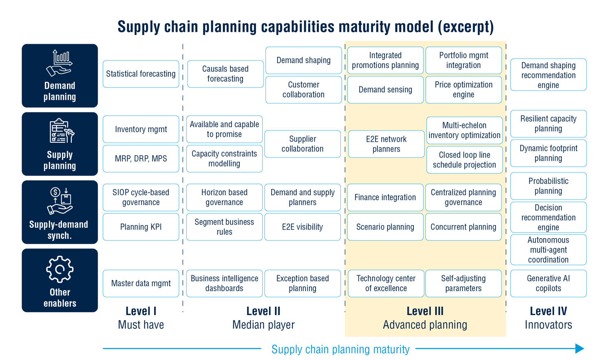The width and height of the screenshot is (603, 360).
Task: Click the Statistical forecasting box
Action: coord(141,74)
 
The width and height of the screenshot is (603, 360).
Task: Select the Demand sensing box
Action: coord(385,90)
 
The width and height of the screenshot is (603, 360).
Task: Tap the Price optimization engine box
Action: coord(464,90)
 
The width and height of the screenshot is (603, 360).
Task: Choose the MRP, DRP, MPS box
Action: coord(141,159)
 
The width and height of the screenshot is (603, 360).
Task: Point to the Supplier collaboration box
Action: coord(303,144)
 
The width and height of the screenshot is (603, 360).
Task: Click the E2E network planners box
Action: coord(386,144)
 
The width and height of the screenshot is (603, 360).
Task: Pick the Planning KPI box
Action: coord(141,227)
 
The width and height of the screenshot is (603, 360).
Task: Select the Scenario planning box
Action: coord(385,227)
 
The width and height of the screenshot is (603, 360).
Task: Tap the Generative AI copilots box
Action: coord(548,283)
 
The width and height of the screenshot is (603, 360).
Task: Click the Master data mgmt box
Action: coord(141,283)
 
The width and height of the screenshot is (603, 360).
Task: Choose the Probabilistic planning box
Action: coord(548,186)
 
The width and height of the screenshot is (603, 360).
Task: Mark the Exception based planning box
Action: coord(303,283)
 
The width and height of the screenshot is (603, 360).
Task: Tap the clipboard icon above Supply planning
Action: coord(62,130)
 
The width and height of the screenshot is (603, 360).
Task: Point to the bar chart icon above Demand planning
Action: coord(60,63)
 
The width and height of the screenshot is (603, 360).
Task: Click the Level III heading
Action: coord(425,311)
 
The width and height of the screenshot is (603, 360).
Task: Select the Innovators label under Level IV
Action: coord(548,325)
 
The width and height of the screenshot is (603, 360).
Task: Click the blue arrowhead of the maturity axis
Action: coord(580,349)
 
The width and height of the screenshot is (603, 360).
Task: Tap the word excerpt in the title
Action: coord(466,27)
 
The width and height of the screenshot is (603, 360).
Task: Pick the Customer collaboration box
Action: coord(303,90)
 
